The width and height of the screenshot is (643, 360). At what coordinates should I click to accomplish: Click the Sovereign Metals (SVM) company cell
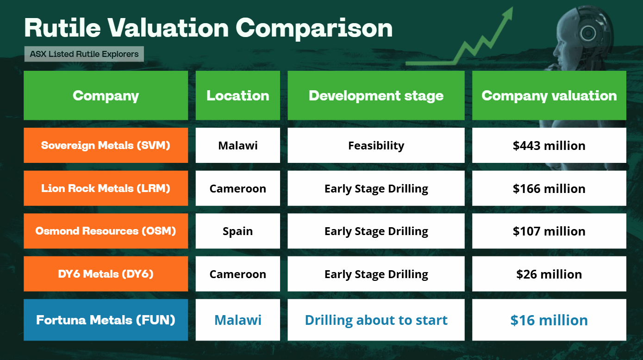pyautogui.click(x=106, y=145)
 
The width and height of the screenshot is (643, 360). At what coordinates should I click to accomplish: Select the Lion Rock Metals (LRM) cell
pyautogui.click(x=106, y=188)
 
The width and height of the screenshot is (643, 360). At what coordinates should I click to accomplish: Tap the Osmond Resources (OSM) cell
pyautogui.click(x=106, y=231)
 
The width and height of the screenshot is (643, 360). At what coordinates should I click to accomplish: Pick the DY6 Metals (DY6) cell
pyautogui.click(x=106, y=274)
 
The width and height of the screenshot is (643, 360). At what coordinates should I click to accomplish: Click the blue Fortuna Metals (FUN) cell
pyautogui.click(x=106, y=320)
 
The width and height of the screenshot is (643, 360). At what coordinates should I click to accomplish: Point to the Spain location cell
pyautogui.click(x=237, y=231)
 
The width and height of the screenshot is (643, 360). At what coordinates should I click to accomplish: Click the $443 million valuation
pyautogui.click(x=549, y=145)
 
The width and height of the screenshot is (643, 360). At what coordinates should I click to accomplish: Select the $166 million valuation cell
pyautogui.click(x=549, y=188)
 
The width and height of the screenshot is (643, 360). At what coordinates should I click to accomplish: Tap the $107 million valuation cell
pyautogui.click(x=549, y=231)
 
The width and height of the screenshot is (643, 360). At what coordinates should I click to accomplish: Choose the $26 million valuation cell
pyautogui.click(x=549, y=274)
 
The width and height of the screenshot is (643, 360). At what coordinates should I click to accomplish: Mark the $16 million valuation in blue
pyautogui.click(x=549, y=320)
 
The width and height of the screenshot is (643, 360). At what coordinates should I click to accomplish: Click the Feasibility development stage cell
pyautogui.click(x=376, y=145)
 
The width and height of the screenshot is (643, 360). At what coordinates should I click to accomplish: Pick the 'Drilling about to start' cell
pyautogui.click(x=376, y=320)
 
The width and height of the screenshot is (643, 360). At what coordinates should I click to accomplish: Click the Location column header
pyautogui.click(x=237, y=95)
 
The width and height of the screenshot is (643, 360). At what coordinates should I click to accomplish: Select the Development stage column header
pyautogui.click(x=376, y=95)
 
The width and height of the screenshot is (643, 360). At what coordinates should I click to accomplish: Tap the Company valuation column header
pyautogui.click(x=549, y=95)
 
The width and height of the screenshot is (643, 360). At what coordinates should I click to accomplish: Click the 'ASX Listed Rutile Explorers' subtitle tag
pyautogui.click(x=84, y=54)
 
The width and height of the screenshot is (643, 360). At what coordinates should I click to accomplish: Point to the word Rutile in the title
pyautogui.click(x=62, y=28)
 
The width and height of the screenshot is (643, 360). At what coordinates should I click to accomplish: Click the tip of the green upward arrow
pyautogui.click(x=512, y=7)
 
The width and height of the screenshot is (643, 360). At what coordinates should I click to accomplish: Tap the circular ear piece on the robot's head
pyautogui.click(x=588, y=33)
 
